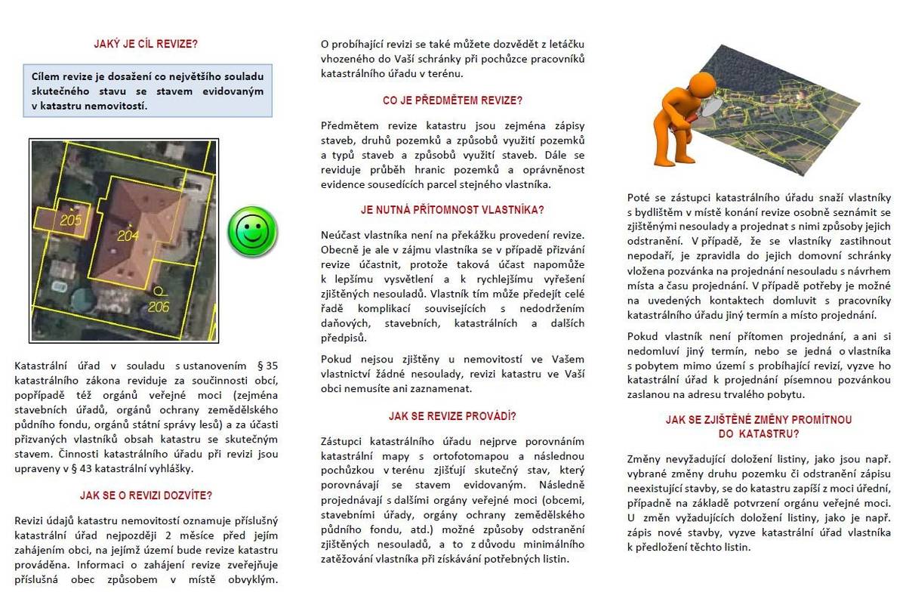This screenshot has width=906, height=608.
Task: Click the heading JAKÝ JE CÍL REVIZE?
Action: click(x=146, y=44)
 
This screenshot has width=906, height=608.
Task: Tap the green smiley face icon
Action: click(x=253, y=230)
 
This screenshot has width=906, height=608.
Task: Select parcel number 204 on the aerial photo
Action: click(x=128, y=235)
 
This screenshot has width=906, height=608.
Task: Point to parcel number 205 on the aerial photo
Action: click(x=70, y=221)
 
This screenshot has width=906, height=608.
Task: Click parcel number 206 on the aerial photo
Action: click(x=158, y=306)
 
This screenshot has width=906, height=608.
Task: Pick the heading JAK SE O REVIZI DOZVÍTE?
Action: click(x=146, y=495)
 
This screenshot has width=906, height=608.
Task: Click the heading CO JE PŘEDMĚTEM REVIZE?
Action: click(x=452, y=100)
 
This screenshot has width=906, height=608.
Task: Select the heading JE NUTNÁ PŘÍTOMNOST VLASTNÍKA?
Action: click(x=452, y=209)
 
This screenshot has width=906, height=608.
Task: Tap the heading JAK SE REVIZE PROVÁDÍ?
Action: click(x=452, y=415)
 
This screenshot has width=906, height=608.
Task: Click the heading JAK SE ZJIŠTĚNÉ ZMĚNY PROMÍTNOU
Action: click(x=738, y=419)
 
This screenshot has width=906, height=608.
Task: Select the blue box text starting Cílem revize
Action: click(x=147, y=91)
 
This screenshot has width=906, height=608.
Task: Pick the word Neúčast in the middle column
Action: click(x=341, y=235)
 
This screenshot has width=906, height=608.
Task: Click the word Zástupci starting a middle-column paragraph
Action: click(x=343, y=440)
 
